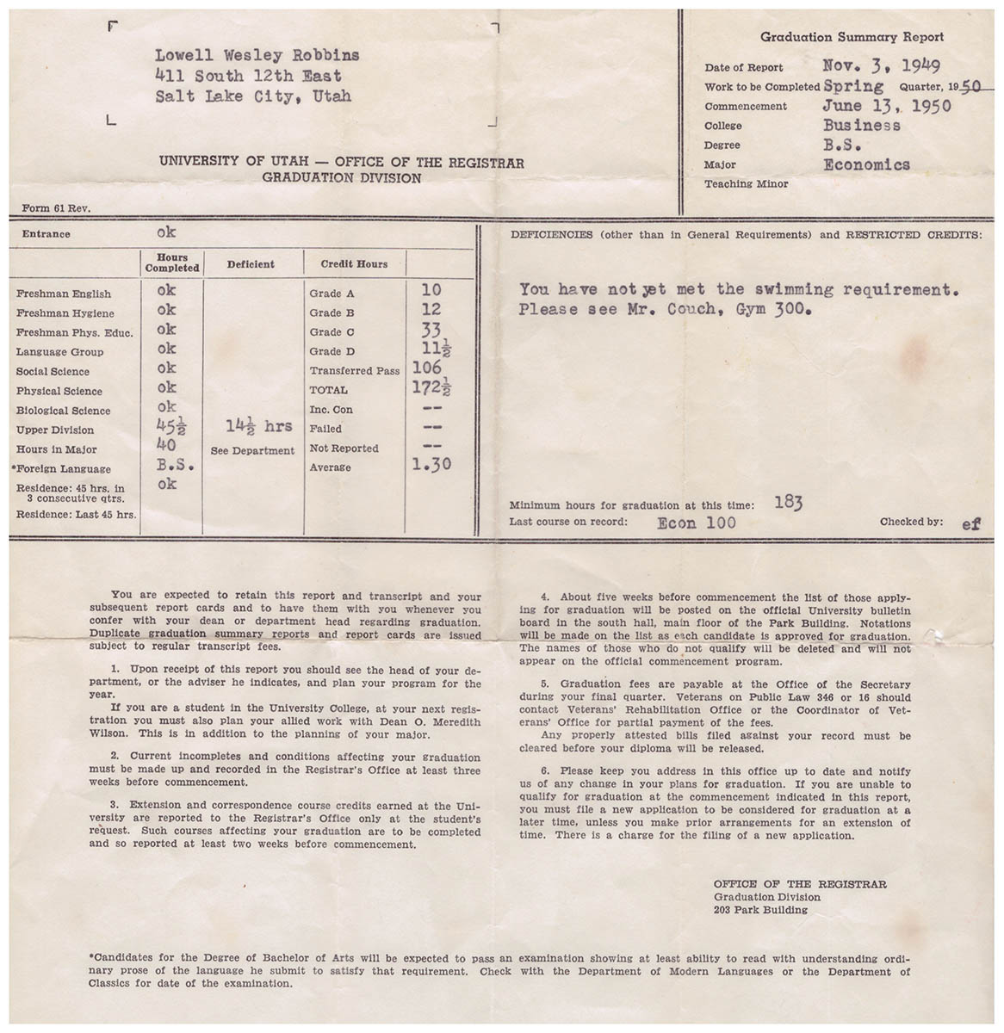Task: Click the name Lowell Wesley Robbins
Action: click(257, 56)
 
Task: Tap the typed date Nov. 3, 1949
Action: click(881, 65)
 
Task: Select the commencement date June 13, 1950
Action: click(886, 106)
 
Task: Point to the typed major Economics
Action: click(865, 164)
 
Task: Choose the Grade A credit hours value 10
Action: click(431, 291)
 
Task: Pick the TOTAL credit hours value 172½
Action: click(433, 388)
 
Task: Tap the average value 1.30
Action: click(433, 466)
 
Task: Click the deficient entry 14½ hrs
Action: click(258, 426)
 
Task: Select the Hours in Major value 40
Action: click(166, 445)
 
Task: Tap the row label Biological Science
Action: click(63, 411)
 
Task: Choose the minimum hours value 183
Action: click(787, 503)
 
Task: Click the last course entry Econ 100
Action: click(696, 523)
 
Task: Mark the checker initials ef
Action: click(970, 523)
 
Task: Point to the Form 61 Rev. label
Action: click(56, 207)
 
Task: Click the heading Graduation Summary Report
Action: click(852, 37)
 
